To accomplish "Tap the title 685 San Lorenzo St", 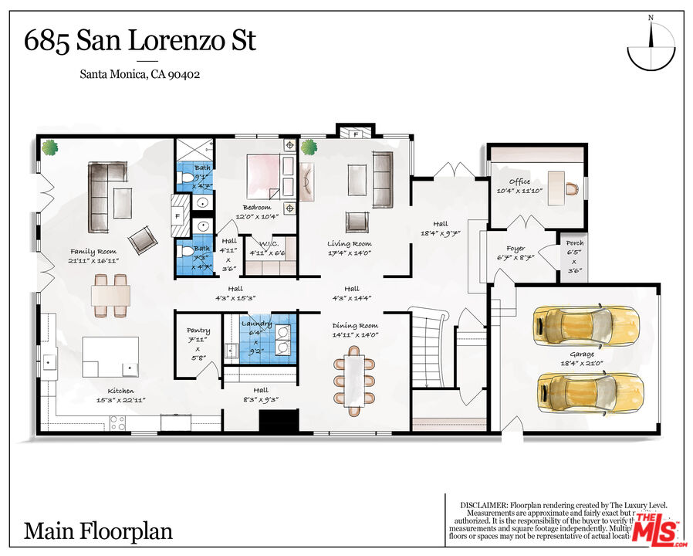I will click(140, 40).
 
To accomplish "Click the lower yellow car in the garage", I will click(587, 393).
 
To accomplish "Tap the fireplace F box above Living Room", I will click(355, 133).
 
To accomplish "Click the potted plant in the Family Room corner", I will click(51, 147).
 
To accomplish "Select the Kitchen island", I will click(111, 359).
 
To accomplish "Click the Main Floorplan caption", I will click(98, 531).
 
